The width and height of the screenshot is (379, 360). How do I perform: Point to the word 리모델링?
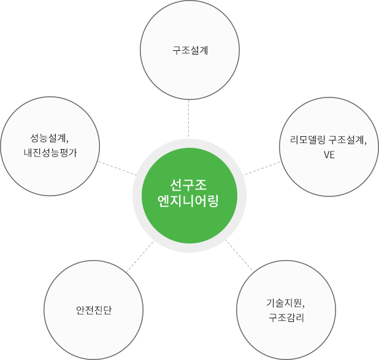click(308, 139)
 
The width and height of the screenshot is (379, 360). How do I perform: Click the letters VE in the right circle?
click(329, 155)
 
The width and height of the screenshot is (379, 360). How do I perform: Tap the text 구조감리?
click(286, 318)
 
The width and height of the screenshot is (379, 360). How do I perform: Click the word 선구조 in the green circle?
click(189, 185)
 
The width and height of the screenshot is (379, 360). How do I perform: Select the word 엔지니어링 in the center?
click(189, 200)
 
